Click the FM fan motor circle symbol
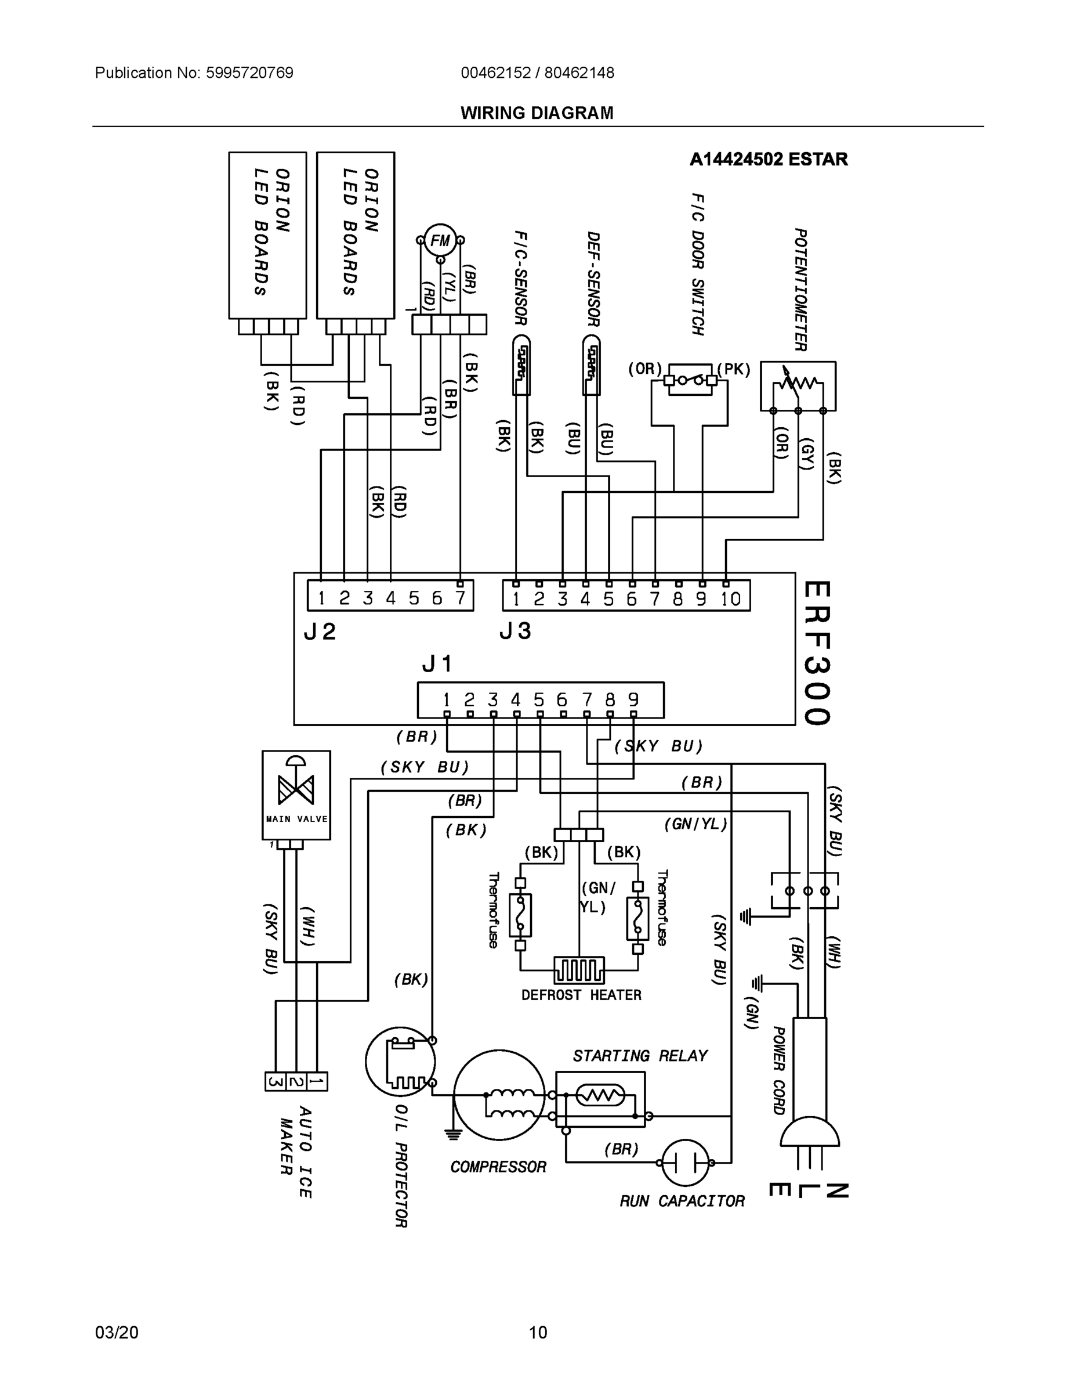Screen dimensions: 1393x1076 (440, 240)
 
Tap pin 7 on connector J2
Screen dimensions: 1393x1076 (459, 598)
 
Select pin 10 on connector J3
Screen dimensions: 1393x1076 (730, 598)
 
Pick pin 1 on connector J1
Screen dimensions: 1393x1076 (447, 699)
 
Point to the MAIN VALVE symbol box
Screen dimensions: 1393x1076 (296, 794)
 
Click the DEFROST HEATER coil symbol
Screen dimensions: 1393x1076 (579, 969)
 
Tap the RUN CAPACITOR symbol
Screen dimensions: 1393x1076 (685, 1162)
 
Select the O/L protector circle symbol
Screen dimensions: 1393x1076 (400, 1062)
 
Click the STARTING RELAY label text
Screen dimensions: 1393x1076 (639, 1056)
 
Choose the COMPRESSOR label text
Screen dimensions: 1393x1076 (498, 1167)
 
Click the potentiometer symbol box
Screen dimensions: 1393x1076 (798, 385)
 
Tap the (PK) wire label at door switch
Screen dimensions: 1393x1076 (734, 369)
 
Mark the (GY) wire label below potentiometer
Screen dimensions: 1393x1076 (807, 453)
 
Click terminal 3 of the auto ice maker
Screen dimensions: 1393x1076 (276, 1081)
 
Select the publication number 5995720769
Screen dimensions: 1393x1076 (249, 73)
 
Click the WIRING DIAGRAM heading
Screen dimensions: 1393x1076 (537, 113)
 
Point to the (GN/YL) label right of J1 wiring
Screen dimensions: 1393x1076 (695, 824)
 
